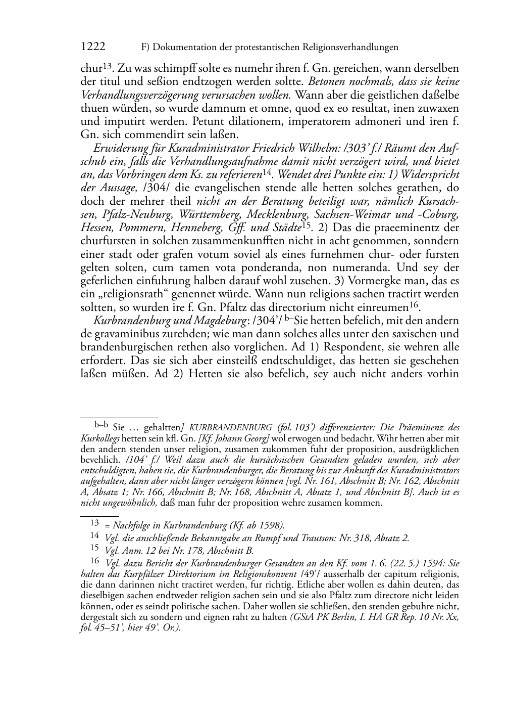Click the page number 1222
tap(93, 47)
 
